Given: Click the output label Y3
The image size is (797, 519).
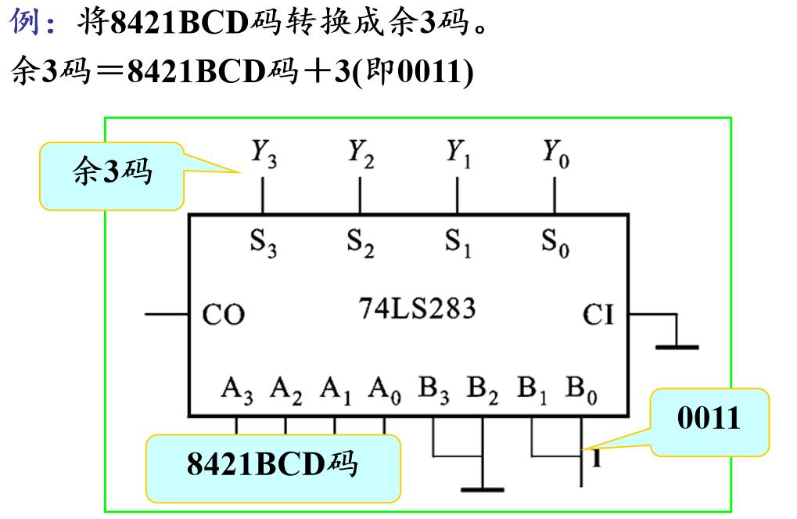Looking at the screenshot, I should (x=263, y=153).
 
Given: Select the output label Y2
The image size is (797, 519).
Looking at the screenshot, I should (x=361, y=153).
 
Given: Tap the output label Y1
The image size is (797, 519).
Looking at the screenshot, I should (x=458, y=153).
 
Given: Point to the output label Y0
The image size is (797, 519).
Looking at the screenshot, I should (x=555, y=153).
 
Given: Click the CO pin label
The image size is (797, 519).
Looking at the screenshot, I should (x=223, y=315).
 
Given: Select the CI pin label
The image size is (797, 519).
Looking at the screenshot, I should (x=598, y=315).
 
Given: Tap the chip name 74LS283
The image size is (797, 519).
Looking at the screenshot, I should (x=417, y=309).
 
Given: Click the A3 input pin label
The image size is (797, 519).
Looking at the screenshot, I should (x=237, y=389).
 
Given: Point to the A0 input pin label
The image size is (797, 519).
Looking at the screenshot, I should (x=385, y=389).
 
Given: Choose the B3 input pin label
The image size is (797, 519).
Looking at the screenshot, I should (x=433, y=389).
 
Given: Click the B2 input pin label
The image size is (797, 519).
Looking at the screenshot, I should (x=483, y=389).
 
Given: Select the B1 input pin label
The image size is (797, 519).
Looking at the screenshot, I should (x=532, y=389).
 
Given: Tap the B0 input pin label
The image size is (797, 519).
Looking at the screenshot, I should (x=581, y=389).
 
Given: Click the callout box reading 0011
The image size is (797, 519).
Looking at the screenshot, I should (x=709, y=420).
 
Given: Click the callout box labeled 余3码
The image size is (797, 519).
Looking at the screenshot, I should (x=111, y=175).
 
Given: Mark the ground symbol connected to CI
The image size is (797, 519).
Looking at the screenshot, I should (x=677, y=345).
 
